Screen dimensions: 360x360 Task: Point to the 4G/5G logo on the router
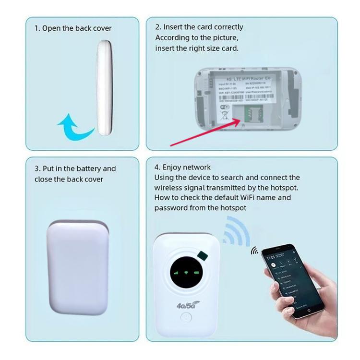(187, 303)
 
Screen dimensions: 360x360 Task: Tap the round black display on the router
(187, 272)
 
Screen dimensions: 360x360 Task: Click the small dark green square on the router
(201, 254)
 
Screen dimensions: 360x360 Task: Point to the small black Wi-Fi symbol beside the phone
(254, 251)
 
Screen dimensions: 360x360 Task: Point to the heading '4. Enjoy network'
(182, 167)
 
